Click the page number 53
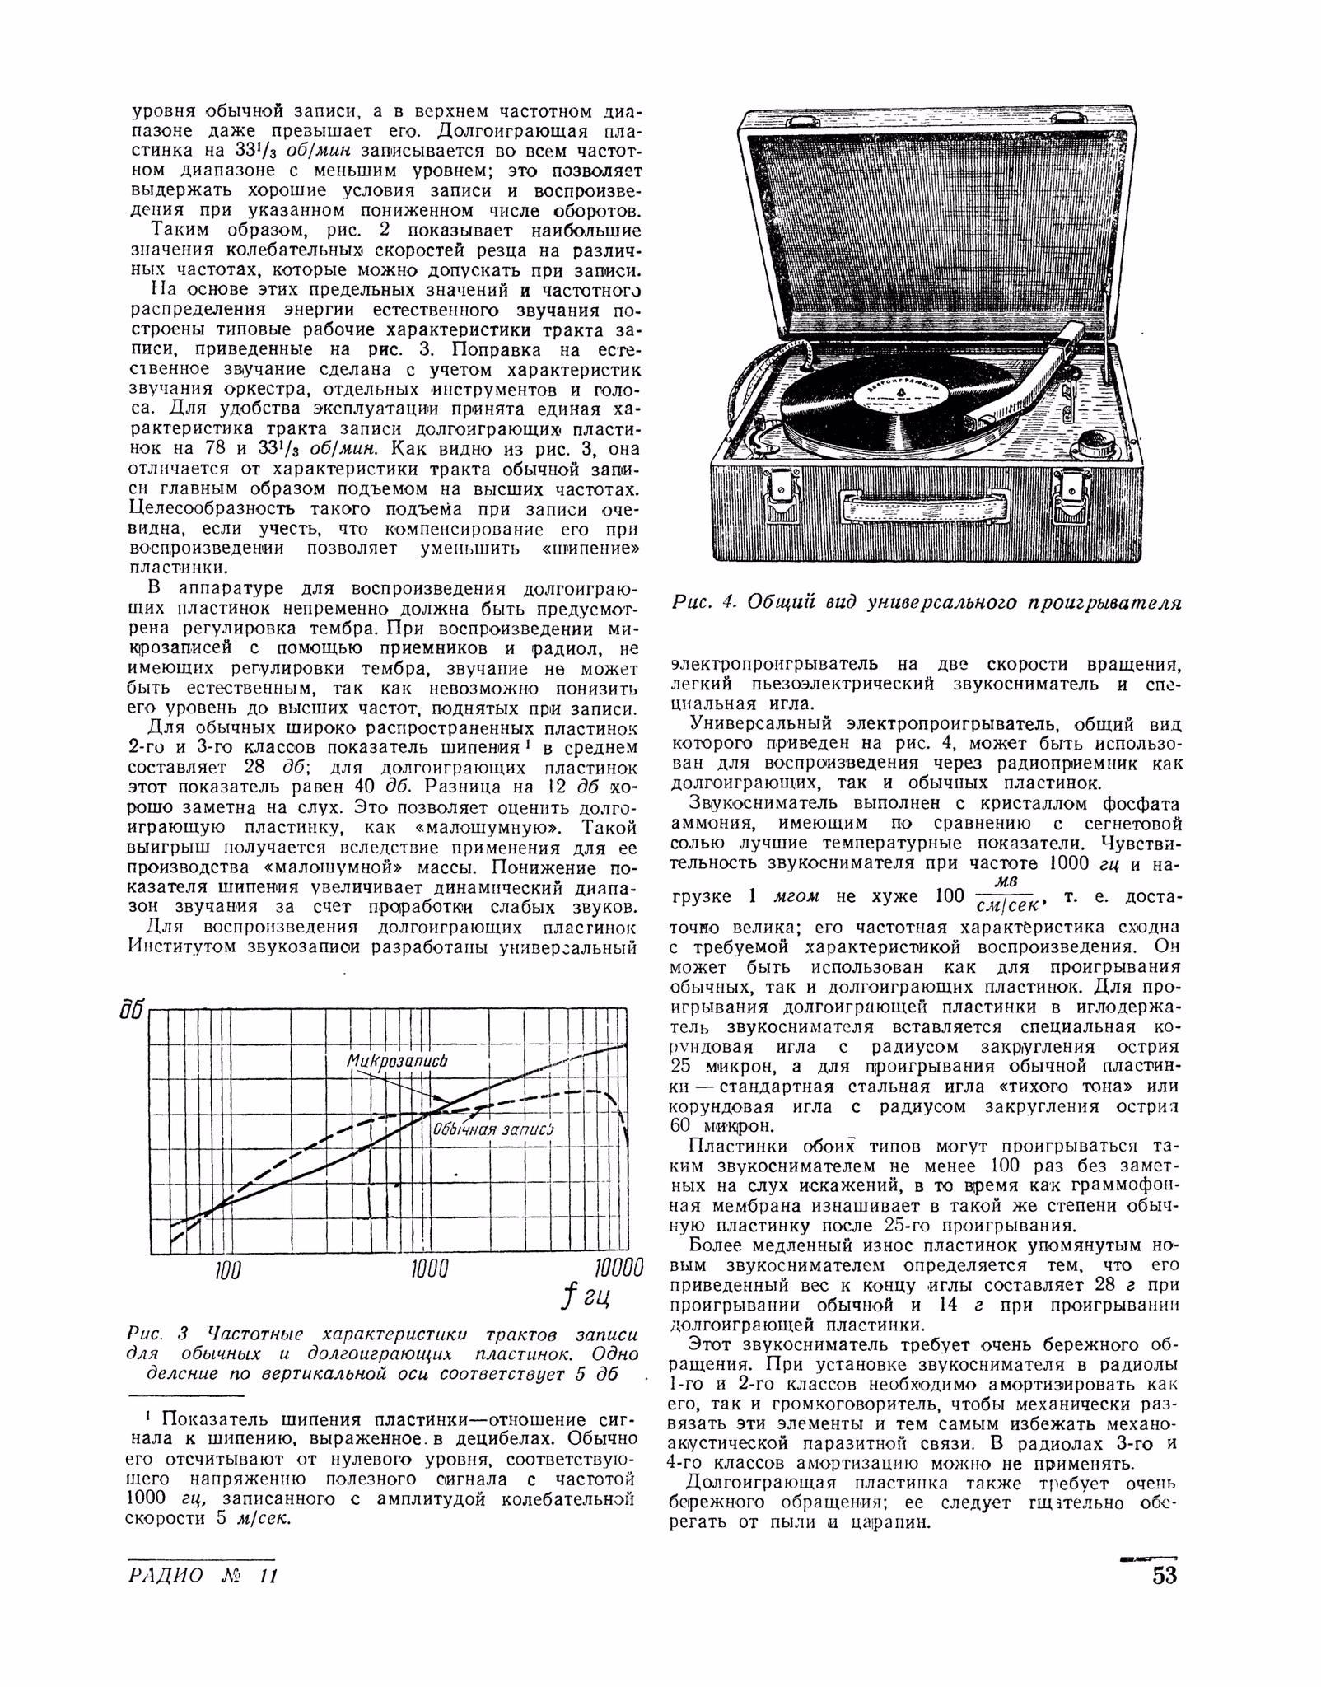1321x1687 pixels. (x=1165, y=1575)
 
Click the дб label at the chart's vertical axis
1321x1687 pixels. (x=132, y=1011)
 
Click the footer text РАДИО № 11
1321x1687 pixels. (x=203, y=1575)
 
